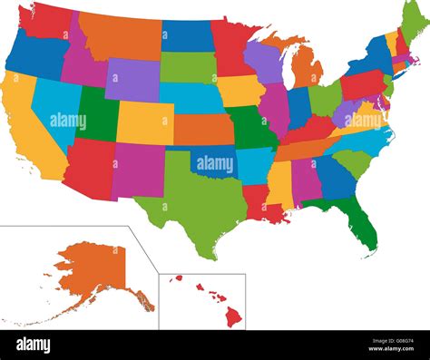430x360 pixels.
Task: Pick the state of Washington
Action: pos(47,20)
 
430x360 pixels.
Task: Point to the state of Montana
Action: pos(118,34)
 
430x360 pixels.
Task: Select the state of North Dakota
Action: pos(185,35)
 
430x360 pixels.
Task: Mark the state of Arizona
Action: pos(89,164)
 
